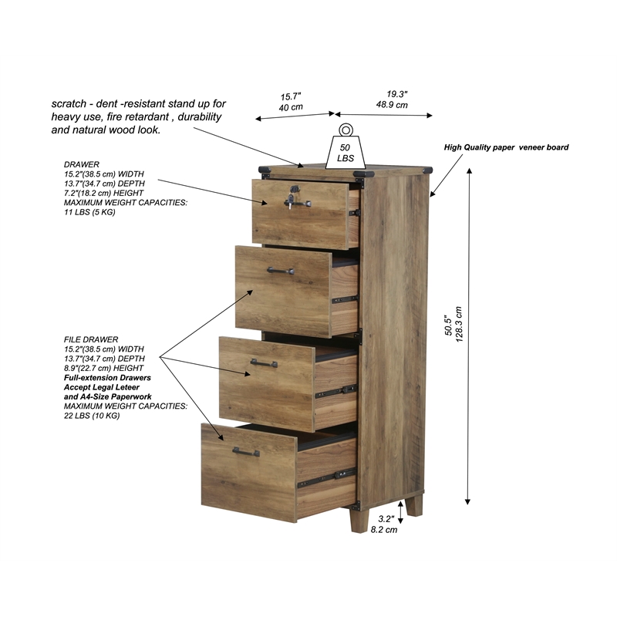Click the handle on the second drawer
tap(281, 271)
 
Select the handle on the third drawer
tap(264, 362)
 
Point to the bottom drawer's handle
tap(246, 452)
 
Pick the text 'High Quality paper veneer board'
tap(506, 147)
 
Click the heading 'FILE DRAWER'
tap(91, 339)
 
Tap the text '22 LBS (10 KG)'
tap(92, 416)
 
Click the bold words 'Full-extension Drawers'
tap(107, 378)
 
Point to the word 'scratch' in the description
tap(69, 103)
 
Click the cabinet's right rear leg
tap(414, 506)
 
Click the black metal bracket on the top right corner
tap(429, 169)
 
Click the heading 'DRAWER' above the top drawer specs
tap(81, 165)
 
